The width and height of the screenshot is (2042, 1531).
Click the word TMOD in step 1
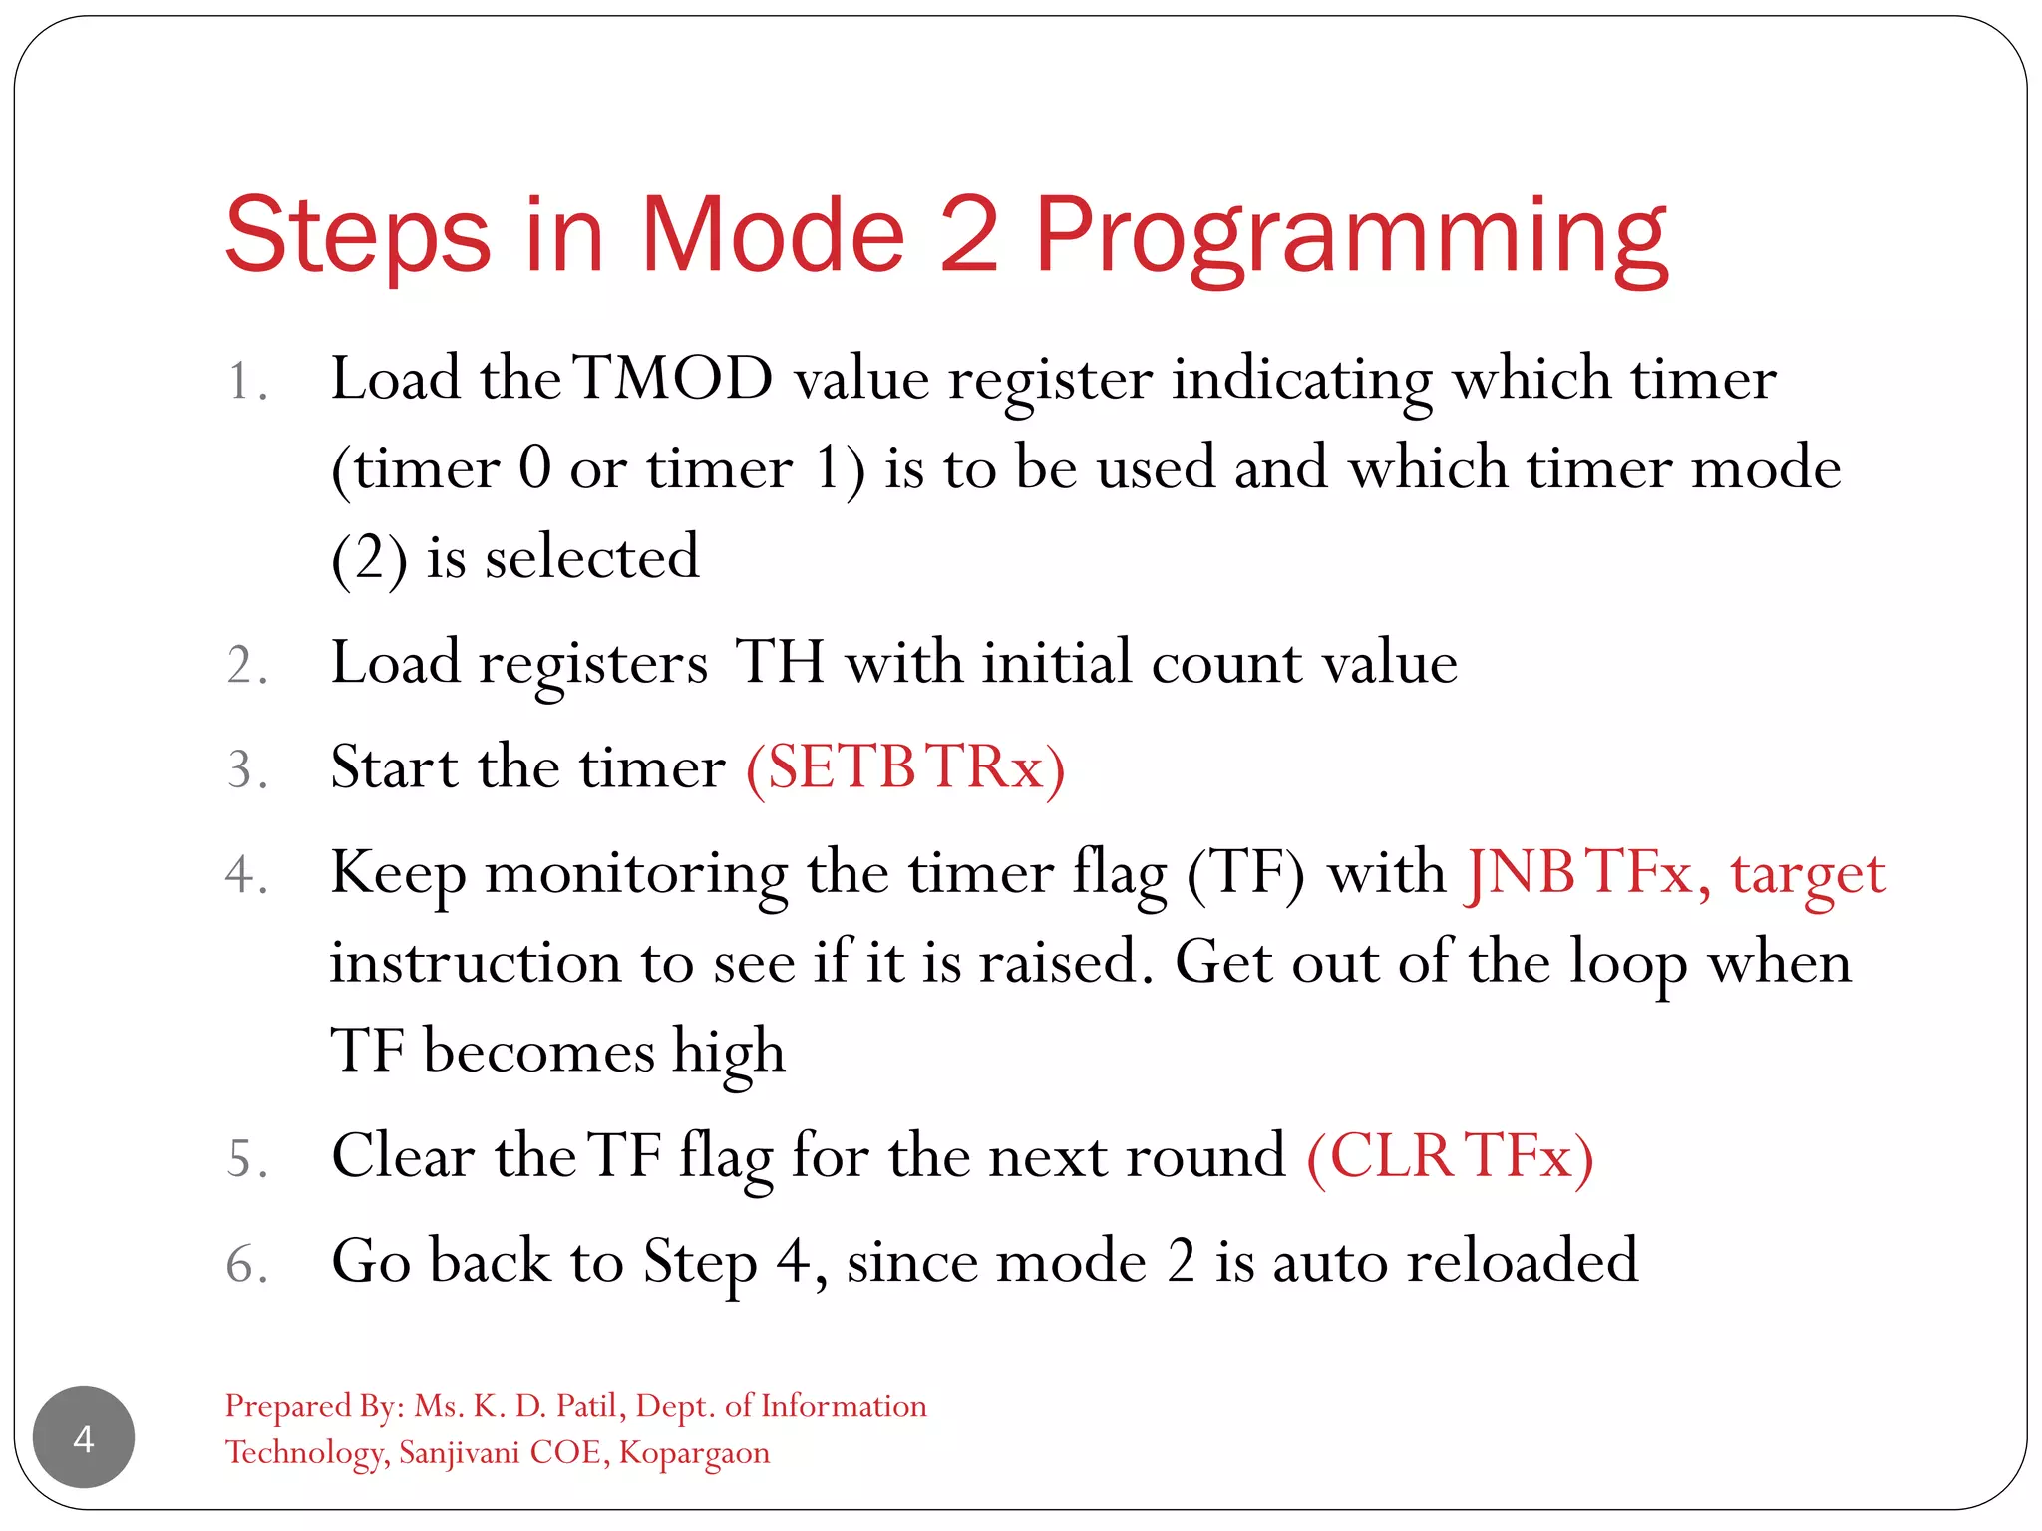675,379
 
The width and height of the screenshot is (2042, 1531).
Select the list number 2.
245,665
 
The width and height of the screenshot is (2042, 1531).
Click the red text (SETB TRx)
905,767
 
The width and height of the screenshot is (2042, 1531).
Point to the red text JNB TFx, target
1674,873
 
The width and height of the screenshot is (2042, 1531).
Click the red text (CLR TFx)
1450,1156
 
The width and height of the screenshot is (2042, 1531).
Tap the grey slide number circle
84,1437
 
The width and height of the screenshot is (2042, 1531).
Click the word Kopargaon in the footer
694,1452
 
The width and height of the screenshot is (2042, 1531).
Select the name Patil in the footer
590,1406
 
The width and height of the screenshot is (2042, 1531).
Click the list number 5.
245,1159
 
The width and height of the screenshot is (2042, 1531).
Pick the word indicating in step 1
1301,381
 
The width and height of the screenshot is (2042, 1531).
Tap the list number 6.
245,1264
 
